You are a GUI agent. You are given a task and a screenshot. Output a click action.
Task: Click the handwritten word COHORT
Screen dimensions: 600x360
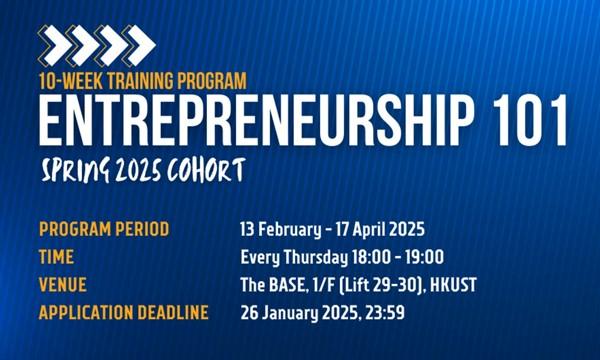click(206, 169)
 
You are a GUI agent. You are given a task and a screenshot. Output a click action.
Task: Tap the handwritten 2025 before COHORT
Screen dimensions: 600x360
click(138, 170)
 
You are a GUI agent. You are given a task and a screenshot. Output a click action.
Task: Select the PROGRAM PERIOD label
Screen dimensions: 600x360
click(104, 229)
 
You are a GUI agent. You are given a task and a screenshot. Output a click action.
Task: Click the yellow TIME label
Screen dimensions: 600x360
click(56, 257)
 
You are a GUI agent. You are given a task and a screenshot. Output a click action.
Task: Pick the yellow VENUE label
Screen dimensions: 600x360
click(63, 285)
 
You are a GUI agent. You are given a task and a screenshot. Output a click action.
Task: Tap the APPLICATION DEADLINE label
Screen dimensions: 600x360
click(124, 313)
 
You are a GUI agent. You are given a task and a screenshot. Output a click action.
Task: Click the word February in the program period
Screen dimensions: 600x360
click(290, 230)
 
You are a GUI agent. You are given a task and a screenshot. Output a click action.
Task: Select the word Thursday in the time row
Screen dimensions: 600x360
click(316, 257)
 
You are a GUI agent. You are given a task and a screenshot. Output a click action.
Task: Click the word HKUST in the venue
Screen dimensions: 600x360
click(453, 285)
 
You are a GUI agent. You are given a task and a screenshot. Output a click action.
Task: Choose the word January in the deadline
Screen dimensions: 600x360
click(290, 313)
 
